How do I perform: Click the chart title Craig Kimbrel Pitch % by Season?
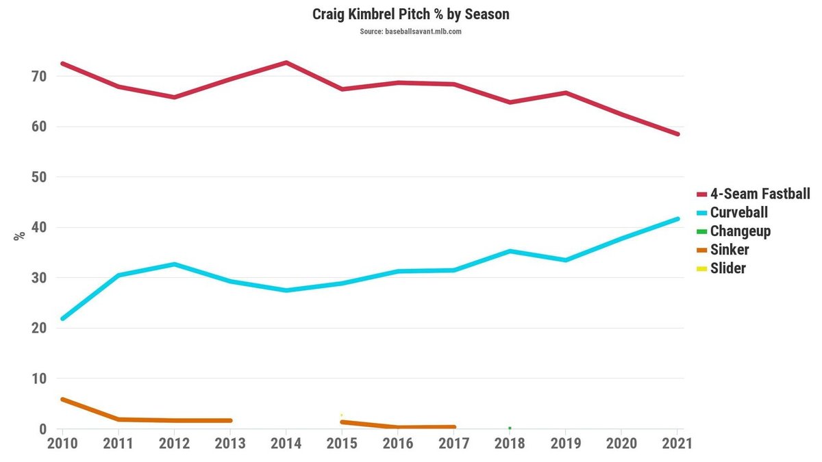[x=411, y=14]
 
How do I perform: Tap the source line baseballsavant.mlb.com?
[x=411, y=31]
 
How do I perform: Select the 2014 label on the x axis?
[x=286, y=443]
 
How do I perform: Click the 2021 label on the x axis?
[x=677, y=443]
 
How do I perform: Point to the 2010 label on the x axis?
[x=62, y=443]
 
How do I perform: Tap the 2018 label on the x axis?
[x=510, y=443]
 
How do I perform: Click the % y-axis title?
[x=19, y=235]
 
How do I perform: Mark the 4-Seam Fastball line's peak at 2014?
[x=286, y=63]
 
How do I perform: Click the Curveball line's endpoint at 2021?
[x=677, y=219]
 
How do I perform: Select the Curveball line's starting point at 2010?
[x=63, y=318]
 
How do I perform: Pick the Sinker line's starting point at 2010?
[x=63, y=399]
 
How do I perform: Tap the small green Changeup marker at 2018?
[x=510, y=428]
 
